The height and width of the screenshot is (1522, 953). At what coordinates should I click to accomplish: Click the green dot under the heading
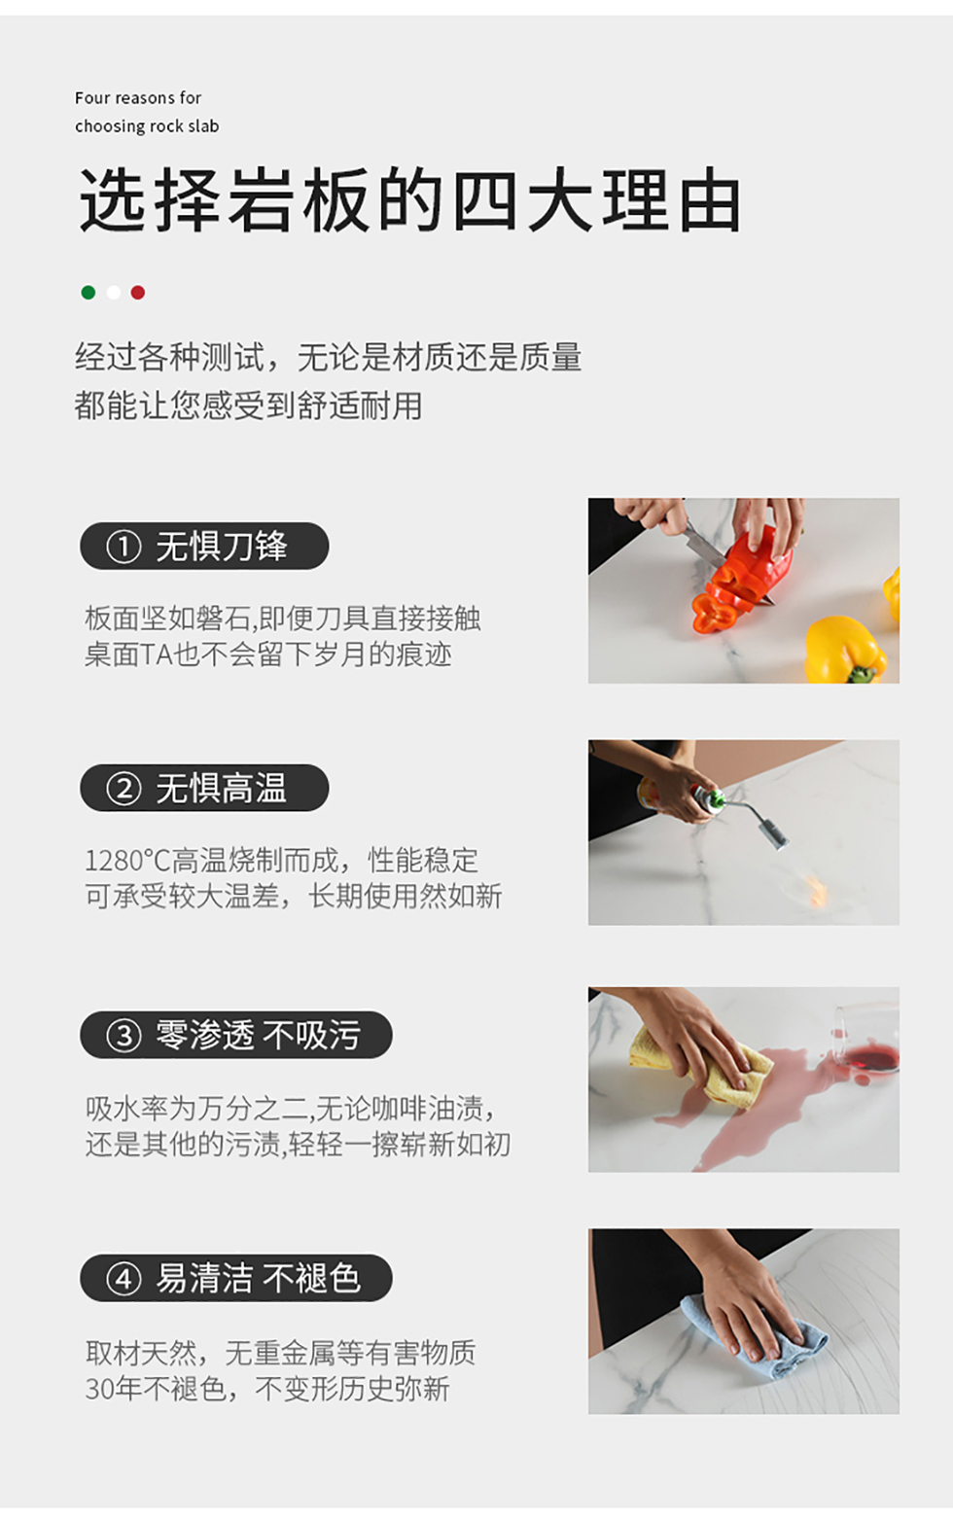click(x=88, y=292)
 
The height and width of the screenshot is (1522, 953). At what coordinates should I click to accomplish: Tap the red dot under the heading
click(x=138, y=292)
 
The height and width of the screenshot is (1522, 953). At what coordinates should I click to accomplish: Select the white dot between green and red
click(x=114, y=292)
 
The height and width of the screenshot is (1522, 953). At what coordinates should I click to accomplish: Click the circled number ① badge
click(x=124, y=547)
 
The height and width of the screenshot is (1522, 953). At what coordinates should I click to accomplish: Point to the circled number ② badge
click(x=124, y=788)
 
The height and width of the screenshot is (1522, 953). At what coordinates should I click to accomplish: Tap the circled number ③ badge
click(x=124, y=1036)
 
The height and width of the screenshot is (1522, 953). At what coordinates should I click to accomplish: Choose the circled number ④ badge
click(x=124, y=1279)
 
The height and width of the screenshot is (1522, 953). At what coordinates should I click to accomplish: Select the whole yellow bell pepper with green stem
click(x=845, y=650)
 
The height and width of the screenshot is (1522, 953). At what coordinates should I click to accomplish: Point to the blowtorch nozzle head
click(x=779, y=833)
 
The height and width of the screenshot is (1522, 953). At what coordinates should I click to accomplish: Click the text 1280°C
click(x=127, y=861)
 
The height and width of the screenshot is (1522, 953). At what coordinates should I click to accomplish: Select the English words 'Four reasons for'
click(x=138, y=98)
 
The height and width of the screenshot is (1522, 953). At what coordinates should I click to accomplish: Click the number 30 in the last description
click(x=99, y=1389)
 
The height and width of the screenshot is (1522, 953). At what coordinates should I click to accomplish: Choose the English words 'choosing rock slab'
click(x=147, y=126)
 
